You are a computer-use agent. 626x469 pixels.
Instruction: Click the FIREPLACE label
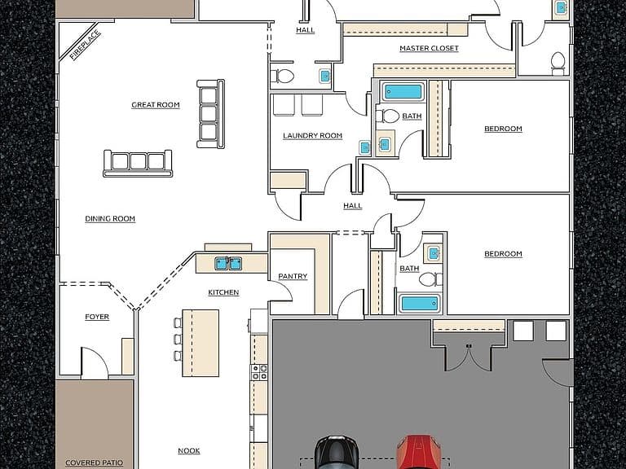coord(85,45)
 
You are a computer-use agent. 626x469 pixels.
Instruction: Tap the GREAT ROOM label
coord(156,105)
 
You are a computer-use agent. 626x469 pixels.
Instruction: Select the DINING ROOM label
coord(110,218)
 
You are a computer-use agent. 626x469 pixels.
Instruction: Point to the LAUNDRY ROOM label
coord(313,136)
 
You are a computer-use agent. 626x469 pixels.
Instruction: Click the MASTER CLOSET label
coord(430,48)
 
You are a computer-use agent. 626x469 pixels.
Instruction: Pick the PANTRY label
coord(293,276)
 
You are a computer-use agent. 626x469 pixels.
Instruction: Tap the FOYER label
coord(97,317)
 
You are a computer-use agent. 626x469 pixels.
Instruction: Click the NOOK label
coord(189,450)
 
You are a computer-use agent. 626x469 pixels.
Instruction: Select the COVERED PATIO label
coord(95,462)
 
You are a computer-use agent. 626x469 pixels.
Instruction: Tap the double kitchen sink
coord(228,264)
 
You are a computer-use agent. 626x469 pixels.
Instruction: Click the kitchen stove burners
coord(258,372)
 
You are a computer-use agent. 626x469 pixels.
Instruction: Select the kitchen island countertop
coord(201,343)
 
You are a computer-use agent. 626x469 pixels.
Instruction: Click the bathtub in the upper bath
coord(403,92)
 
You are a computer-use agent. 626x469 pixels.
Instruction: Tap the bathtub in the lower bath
coord(420,304)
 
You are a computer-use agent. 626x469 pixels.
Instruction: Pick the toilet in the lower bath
coord(430,279)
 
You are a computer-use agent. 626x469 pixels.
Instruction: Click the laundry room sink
coord(365,147)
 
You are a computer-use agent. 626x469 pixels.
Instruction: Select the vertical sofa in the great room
coord(210,114)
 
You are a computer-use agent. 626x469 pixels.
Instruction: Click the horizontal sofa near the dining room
coord(138,163)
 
